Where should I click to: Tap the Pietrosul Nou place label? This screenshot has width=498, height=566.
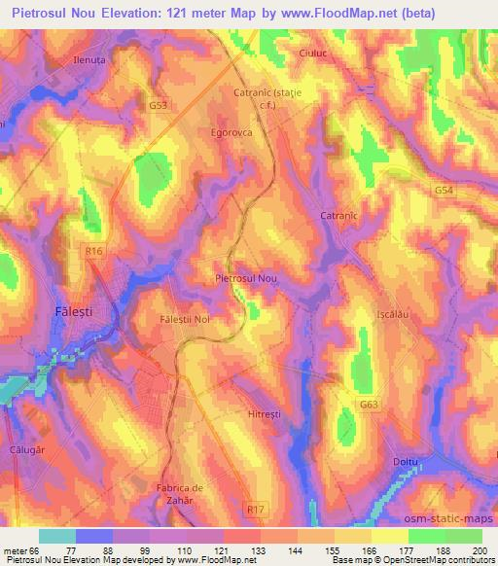pyautogui.click(x=246, y=278)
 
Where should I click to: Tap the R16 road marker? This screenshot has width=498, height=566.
pyautogui.click(x=93, y=251)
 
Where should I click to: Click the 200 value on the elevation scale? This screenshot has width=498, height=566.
pyautogui.click(x=480, y=550)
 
